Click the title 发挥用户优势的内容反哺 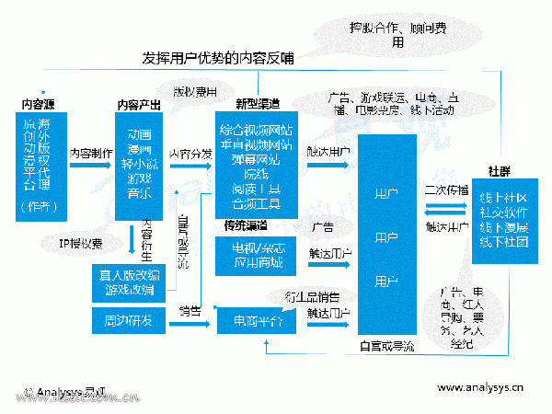pyautogui.click(x=218, y=58)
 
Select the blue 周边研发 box pyautogui.click(x=130, y=319)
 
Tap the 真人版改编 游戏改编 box pyautogui.click(x=130, y=281)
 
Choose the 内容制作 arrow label pyautogui.click(x=91, y=153)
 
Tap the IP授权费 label pyautogui.click(x=81, y=243)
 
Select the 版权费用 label pyautogui.click(x=195, y=92)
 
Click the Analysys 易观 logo pyautogui.click(x=59, y=390)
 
